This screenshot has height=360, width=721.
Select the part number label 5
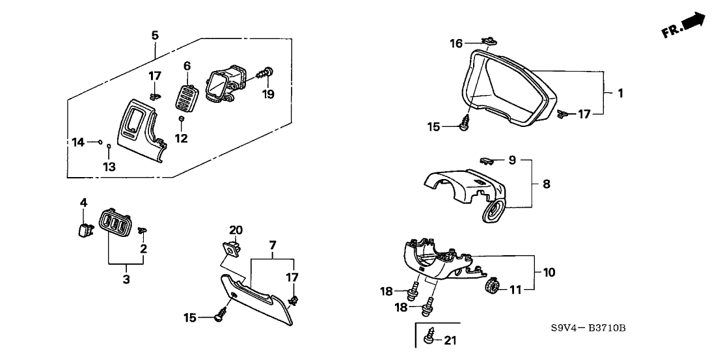pyautogui.click(x=155, y=35)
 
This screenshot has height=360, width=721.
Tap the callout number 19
pyautogui.click(x=269, y=94)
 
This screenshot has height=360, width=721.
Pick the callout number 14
pyautogui.click(x=78, y=142)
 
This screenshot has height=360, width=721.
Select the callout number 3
pyautogui.click(x=126, y=280)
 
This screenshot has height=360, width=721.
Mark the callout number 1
pyautogui.click(x=620, y=93)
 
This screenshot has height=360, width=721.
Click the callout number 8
pyautogui.click(x=547, y=184)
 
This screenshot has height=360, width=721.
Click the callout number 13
pyautogui.click(x=109, y=167)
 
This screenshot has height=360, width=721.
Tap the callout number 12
pyautogui.click(x=181, y=139)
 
